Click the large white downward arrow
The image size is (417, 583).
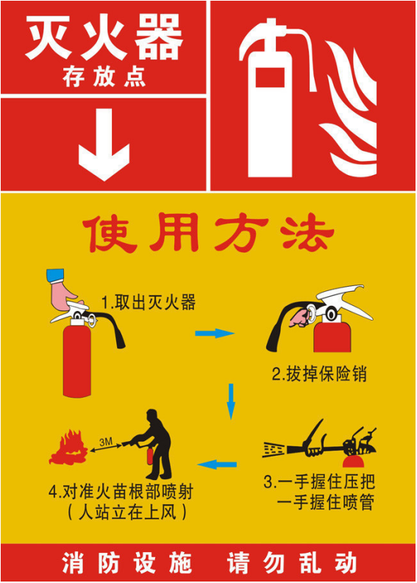tap(104, 149)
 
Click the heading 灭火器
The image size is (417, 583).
tap(104, 37)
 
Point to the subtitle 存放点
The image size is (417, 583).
tap(104, 77)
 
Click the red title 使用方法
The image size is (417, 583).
tap(208, 232)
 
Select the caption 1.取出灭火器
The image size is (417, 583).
tap(149, 302)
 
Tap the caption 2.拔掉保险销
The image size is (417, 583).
tap(319, 373)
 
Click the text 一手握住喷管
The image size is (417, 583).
tap(326, 503)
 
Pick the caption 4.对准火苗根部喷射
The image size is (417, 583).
tap(121, 492)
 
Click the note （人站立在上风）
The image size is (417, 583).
tap(126, 512)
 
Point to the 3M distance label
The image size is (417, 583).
tap(106, 442)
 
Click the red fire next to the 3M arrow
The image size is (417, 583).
tap(68, 448)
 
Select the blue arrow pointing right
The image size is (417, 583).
tap(215, 333)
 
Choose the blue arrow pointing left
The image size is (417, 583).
tap(217, 464)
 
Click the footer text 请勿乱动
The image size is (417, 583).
tap(293, 563)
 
